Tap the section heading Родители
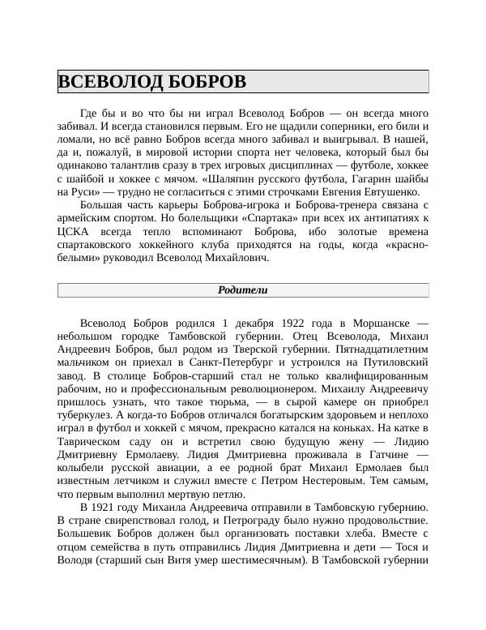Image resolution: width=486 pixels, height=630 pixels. tap(243, 290)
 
